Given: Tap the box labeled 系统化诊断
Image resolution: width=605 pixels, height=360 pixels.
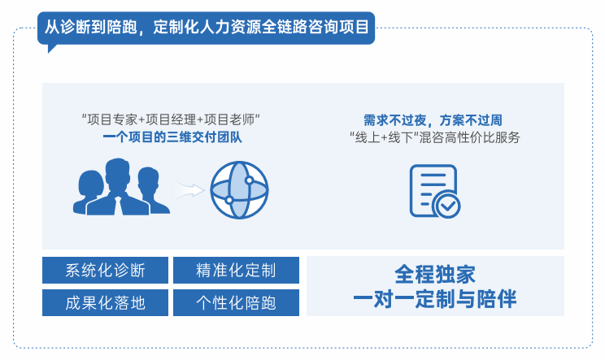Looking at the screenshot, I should [105, 270].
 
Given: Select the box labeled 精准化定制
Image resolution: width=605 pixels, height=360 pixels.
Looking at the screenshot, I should [236, 270].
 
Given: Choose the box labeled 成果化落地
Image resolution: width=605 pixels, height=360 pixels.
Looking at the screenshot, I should [105, 303].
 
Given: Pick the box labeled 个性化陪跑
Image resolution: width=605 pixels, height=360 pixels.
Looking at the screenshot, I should [236, 303].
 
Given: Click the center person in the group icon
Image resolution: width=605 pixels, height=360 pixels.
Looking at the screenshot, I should [118, 184].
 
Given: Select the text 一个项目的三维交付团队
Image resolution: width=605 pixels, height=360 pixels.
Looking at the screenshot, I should [173, 137].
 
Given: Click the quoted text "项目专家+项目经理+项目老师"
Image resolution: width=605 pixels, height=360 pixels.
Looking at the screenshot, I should [173, 119].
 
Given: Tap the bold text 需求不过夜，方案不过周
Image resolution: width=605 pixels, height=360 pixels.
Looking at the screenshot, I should [433, 119].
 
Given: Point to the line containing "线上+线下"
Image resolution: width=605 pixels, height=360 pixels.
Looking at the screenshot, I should [433, 137].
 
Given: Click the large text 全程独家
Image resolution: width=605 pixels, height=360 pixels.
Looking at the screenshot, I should [434, 273].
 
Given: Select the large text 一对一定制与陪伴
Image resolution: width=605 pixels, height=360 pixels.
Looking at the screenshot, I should [434, 299].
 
